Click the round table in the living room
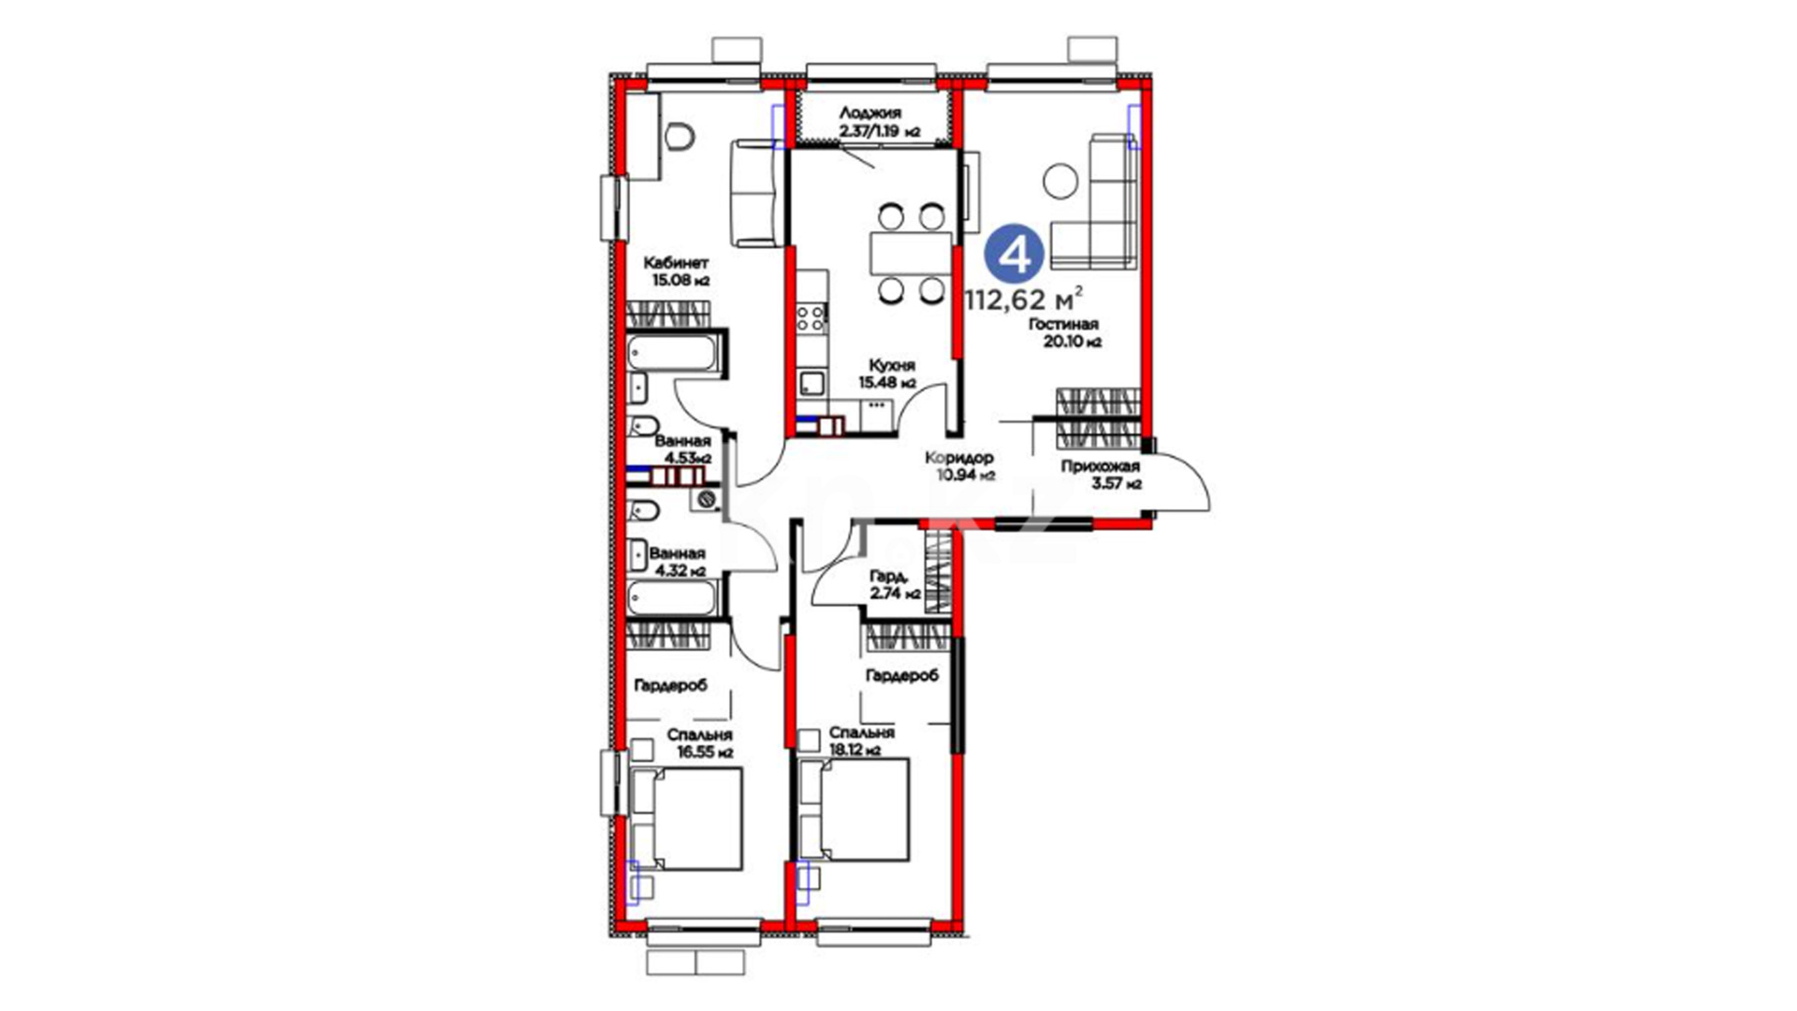1061,181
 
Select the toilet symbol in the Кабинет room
679,137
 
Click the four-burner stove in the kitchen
811,318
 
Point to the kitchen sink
811,383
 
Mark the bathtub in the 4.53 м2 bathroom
675,354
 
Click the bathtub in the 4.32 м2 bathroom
673,598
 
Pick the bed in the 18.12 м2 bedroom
854,810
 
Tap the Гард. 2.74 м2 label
895,585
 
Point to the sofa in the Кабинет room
755,193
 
